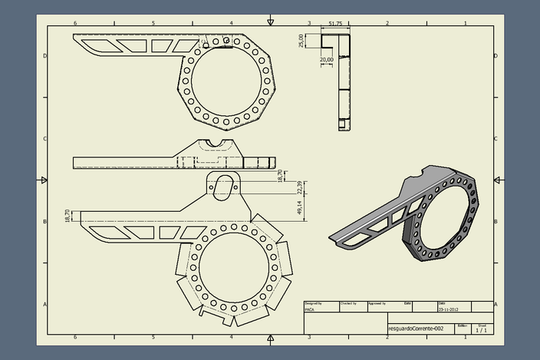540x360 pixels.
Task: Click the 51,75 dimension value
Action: tap(335, 24)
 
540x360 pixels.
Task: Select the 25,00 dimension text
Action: tap(302, 41)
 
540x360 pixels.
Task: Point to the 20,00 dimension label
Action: tap(326, 59)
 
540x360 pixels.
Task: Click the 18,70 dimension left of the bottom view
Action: tap(67, 216)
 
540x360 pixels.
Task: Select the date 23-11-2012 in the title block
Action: tap(449, 309)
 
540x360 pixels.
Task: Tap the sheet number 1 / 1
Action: tap(480, 330)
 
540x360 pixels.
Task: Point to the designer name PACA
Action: tap(310, 309)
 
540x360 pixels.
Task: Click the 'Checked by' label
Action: tap(347, 303)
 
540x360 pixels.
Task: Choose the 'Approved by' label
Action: tap(377, 303)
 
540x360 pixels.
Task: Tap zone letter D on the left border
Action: tap(44, 56)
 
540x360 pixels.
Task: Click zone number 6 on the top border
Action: tap(74, 24)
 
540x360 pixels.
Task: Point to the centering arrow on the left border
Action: tap(43, 180)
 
